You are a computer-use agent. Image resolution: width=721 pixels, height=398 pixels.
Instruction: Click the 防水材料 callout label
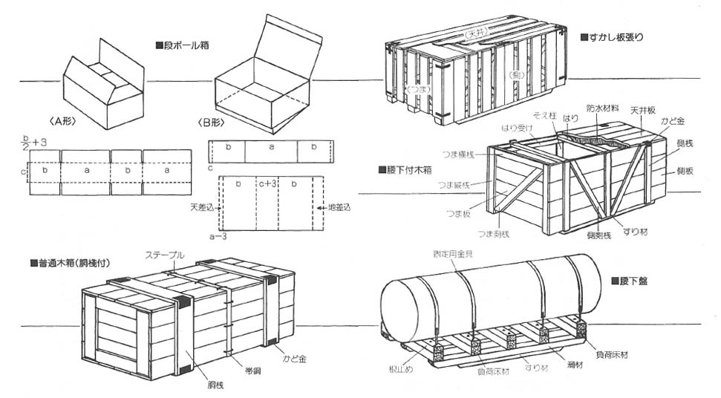point(602,108)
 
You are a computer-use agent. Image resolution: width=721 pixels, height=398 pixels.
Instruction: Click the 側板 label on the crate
point(685,171)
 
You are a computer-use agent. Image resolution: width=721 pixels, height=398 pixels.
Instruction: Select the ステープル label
point(166,255)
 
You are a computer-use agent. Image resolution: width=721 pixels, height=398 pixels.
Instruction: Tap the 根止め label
point(394,368)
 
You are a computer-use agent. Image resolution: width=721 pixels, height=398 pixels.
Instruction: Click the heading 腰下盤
point(634,281)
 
